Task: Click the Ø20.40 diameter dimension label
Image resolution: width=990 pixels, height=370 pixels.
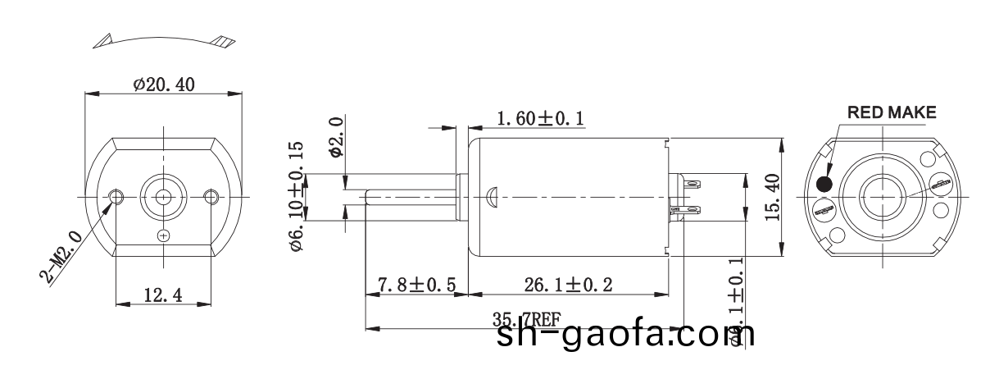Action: [x=164, y=84]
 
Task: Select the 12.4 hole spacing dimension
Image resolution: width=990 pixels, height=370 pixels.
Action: [x=164, y=295]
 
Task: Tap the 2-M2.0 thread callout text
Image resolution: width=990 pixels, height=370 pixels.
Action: [x=63, y=256]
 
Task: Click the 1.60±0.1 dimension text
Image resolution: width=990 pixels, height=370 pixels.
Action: [x=540, y=120]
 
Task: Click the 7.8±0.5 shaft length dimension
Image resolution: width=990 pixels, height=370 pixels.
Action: [x=416, y=285]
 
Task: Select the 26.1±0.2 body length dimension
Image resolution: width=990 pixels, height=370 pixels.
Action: [x=567, y=285]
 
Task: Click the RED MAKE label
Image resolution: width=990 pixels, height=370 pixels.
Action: [x=890, y=112]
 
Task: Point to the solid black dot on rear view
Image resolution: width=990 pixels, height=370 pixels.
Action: [x=824, y=184]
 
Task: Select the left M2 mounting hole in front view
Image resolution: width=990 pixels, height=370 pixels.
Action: [x=116, y=196]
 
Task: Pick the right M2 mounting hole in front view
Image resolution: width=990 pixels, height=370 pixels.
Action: [x=211, y=196]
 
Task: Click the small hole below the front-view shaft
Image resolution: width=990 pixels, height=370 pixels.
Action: [x=164, y=235]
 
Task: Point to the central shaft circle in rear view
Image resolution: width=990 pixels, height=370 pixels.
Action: [x=881, y=196]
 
